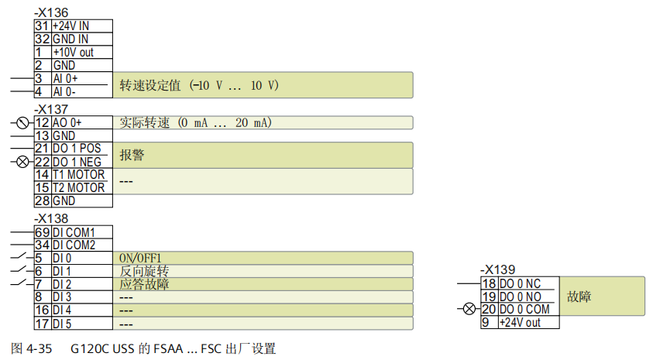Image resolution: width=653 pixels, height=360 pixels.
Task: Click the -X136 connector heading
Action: (52, 13)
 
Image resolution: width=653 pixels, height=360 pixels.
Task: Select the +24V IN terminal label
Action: (70, 26)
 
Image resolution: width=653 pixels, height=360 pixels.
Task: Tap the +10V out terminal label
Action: (73, 53)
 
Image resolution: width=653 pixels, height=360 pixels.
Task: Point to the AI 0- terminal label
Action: (65, 92)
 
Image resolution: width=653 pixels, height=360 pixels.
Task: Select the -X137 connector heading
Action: (52, 109)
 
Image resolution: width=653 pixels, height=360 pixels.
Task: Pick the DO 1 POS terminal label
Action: (77, 149)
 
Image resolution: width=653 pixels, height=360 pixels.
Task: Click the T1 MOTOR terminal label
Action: (78, 175)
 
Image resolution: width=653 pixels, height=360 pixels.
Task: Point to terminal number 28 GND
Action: (42, 201)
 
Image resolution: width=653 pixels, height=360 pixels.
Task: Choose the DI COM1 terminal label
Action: (74, 232)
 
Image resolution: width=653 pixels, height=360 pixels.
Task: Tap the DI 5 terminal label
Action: (62, 324)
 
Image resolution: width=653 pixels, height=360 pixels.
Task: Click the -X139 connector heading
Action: (497, 269)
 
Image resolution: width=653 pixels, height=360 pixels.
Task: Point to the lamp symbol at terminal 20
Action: (468, 309)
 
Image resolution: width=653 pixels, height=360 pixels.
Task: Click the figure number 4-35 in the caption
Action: (38, 348)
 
